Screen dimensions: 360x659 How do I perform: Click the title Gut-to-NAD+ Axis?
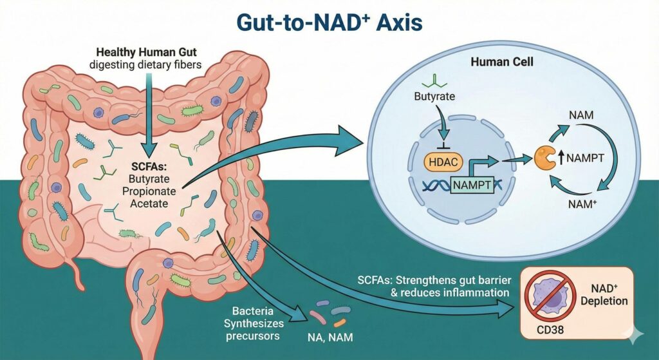(x=329, y=22)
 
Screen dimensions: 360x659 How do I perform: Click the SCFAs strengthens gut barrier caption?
(x=429, y=287)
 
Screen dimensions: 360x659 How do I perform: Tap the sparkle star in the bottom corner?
(x=637, y=339)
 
